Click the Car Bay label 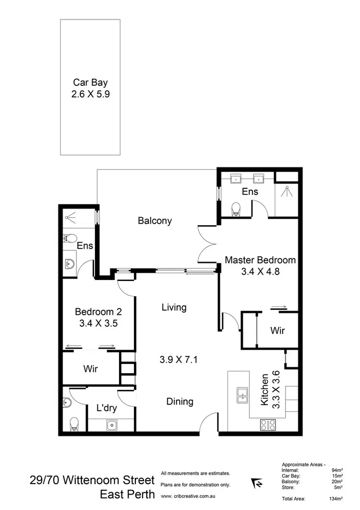coord(90,82)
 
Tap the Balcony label coord(155,221)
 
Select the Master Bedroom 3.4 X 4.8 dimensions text coord(259,271)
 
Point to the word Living coord(174,307)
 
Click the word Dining coord(180,401)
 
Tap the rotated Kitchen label coord(264,390)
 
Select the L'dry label coord(107,408)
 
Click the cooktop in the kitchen coord(267,425)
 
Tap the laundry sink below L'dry coord(111,425)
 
